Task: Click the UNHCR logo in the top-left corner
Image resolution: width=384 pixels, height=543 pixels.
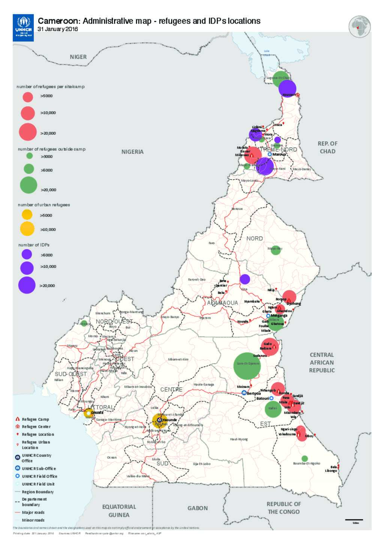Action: click(23, 28)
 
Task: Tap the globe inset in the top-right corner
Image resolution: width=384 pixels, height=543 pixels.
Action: click(359, 27)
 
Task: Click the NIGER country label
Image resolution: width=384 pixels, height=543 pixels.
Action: click(78, 57)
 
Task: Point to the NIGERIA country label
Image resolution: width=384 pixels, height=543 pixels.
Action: click(132, 152)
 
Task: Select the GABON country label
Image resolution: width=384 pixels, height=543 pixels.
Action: click(198, 508)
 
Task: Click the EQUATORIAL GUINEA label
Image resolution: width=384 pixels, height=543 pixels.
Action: click(119, 511)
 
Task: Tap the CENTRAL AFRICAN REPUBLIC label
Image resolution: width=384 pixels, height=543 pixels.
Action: click(322, 362)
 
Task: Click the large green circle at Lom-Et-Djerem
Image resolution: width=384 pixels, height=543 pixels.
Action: click(247, 366)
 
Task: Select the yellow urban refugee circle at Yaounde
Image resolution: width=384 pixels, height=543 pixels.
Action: click(160, 420)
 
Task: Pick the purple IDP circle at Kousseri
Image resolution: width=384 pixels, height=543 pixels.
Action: click(287, 89)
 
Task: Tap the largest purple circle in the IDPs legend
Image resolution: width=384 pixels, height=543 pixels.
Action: click(27, 285)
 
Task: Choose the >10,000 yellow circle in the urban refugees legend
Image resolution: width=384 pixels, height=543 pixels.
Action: click(27, 229)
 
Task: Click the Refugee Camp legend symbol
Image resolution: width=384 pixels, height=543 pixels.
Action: click(17, 419)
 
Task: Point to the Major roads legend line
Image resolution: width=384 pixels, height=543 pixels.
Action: click(17, 512)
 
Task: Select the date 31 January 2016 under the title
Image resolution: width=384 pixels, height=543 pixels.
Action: click(58, 29)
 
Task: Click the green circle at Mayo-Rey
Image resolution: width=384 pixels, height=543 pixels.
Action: click(276, 250)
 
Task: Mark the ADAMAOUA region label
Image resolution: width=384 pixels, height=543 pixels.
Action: click(223, 302)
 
